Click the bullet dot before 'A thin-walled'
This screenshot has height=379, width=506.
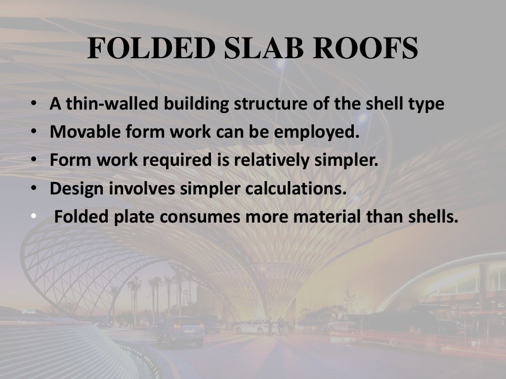[33, 105]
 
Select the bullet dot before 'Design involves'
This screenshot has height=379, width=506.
[33, 189]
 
